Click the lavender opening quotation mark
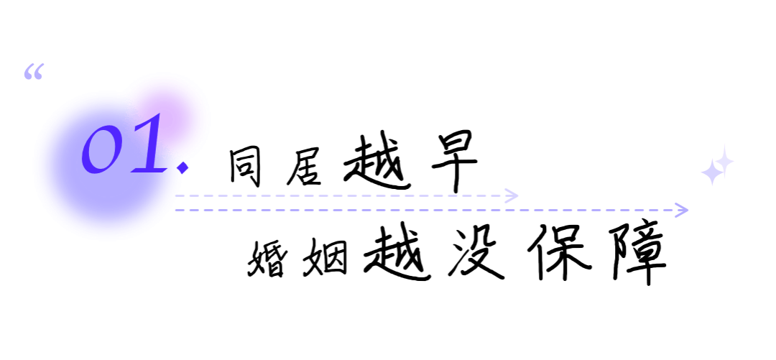tap(34, 71)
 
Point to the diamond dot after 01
tap(183, 167)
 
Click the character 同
tap(245, 167)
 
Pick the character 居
tap(303, 167)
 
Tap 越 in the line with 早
tap(377, 162)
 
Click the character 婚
tap(267, 258)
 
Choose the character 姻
tap(325, 257)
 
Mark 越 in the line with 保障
tap(397, 252)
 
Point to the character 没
tap(476, 252)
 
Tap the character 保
tap(559, 251)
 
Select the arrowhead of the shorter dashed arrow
tap(512, 195)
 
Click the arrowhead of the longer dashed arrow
tap(683, 210)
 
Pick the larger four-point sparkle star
tap(711, 172)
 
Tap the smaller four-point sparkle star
tap(725, 161)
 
